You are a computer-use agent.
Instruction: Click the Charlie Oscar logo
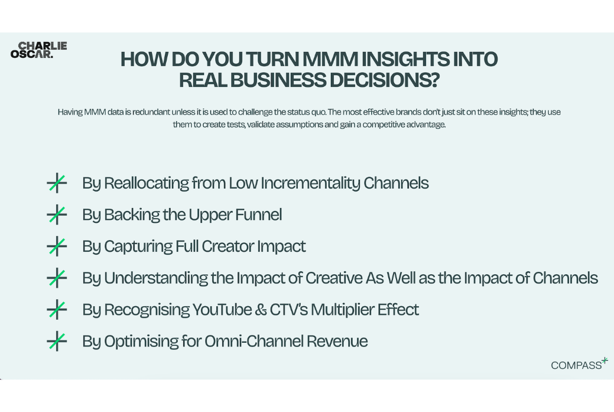click(39, 50)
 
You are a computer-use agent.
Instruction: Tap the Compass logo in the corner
click(579, 364)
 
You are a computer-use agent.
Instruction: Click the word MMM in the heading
click(330, 59)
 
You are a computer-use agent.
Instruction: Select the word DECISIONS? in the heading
click(384, 80)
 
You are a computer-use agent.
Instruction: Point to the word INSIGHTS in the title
click(405, 59)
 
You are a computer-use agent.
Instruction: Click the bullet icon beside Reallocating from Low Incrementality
click(57, 183)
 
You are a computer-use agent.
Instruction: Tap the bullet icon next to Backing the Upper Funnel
click(57, 215)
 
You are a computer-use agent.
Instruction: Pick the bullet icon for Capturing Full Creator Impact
click(57, 246)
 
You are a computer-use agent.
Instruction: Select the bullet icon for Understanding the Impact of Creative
click(57, 278)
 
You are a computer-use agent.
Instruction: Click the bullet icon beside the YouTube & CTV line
click(57, 310)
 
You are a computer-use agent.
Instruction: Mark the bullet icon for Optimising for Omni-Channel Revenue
click(57, 341)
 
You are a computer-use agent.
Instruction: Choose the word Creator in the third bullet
click(228, 246)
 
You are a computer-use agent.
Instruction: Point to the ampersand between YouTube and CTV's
click(261, 310)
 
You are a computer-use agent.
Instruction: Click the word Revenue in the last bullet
click(337, 341)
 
